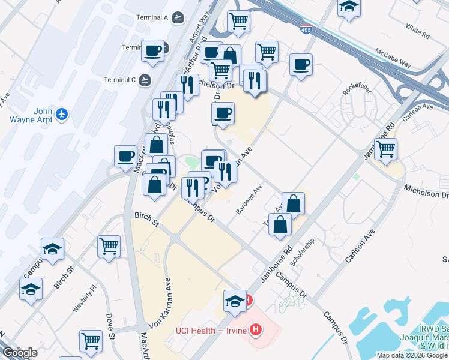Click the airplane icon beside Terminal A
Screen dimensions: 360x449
pos(177,17)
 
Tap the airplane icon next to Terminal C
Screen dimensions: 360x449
pos(145,79)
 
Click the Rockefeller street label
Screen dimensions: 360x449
pos(355,90)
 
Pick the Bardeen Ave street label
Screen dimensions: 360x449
pos(249,200)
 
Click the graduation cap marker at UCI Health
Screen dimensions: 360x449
pos(235,300)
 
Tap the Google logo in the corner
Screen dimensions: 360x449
pos(20,353)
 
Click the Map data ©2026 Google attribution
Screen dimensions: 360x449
pos(412,355)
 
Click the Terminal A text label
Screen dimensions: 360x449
pos(152,17)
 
